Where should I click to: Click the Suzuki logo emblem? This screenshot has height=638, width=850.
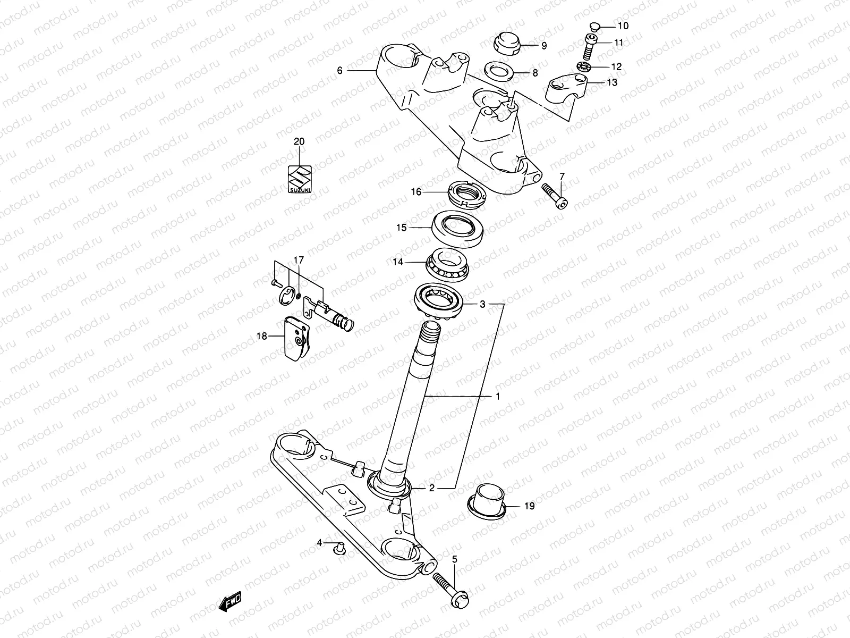click(x=300, y=179)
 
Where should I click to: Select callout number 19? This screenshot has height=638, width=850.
click(x=529, y=506)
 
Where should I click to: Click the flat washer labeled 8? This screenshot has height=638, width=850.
click(x=498, y=72)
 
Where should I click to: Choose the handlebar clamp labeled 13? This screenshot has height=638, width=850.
click(x=567, y=89)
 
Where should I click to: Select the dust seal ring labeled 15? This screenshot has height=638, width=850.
click(x=458, y=228)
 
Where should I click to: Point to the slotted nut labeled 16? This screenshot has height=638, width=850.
click(x=466, y=193)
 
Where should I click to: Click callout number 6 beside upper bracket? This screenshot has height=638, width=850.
click(x=340, y=70)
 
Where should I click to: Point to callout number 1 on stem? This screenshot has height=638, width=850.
click(x=498, y=397)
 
